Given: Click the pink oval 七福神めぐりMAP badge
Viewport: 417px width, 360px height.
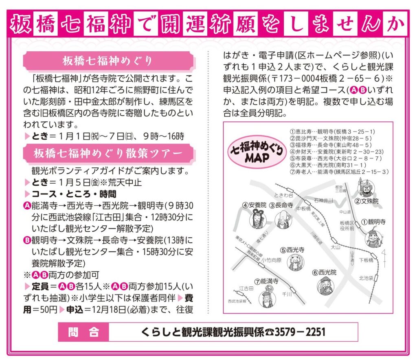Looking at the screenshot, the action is [x=257, y=154].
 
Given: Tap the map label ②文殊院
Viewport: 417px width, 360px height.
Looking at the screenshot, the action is [x=367, y=201].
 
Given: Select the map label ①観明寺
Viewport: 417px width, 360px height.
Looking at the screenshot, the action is [x=373, y=222].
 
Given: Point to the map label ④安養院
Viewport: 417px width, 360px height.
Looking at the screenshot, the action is [x=254, y=205].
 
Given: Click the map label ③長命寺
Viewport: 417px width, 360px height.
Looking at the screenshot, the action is [x=281, y=205].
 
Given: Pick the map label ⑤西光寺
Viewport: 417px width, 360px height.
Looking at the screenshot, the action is [x=292, y=250].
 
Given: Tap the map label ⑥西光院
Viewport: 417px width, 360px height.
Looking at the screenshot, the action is [x=324, y=272].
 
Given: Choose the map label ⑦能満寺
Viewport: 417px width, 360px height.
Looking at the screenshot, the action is [x=266, y=281].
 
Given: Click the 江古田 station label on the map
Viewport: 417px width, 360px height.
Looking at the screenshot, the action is [x=246, y=288].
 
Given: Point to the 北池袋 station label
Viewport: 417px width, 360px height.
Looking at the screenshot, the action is [x=366, y=278].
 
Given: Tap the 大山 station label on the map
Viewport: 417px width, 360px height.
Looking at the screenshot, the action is [x=336, y=247].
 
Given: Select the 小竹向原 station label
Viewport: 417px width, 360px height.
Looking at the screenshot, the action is [x=271, y=260].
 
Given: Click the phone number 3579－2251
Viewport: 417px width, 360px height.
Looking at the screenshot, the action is [x=300, y=332].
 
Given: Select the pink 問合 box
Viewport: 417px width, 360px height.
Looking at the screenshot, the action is [x=83, y=332].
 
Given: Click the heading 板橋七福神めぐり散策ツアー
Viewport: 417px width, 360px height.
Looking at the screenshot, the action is [x=108, y=154].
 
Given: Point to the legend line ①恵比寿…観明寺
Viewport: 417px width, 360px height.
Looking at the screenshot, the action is [x=332, y=132].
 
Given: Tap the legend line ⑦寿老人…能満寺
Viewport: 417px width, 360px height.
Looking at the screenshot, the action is [x=339, y=172].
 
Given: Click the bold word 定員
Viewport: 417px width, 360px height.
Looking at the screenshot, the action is [x=40, y=287].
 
